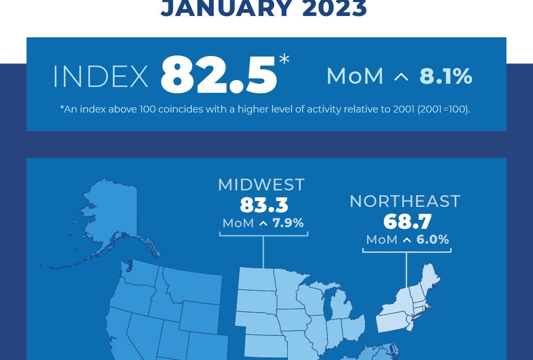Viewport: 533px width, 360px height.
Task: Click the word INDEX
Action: [100, 78]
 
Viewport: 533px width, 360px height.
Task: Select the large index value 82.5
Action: [219, 76]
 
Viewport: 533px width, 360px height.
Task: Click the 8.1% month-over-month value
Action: [446, 76]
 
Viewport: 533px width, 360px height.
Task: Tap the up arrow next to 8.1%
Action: [401, 78]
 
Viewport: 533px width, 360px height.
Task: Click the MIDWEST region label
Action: [261, 185]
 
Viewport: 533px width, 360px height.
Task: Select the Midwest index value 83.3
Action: [263, 205]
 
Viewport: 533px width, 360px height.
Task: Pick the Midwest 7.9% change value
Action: [288, 223]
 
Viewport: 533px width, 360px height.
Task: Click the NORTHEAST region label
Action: [405, 201]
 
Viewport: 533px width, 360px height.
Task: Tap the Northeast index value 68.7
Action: [407, 221]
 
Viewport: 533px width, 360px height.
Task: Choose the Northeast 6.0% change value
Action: [433, 240]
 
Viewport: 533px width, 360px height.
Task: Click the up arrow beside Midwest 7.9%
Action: [263, 223]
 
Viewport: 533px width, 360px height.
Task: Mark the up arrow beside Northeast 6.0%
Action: [407, 241]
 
